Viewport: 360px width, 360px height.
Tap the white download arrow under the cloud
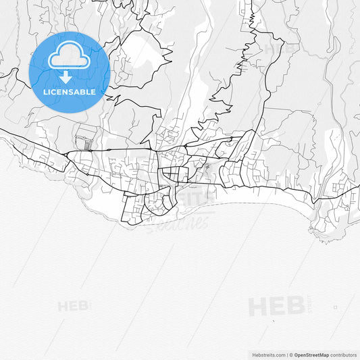(x=66, y=77)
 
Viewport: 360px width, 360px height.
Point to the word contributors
(x=343, y=355)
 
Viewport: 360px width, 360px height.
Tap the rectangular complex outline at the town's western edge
(x=85, y=137)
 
